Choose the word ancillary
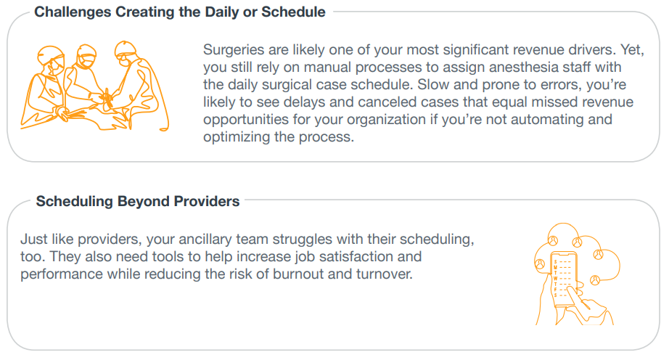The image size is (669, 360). click(207, 240)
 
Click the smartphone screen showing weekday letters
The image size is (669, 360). click(563, 278)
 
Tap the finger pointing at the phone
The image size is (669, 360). click(578, 295)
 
